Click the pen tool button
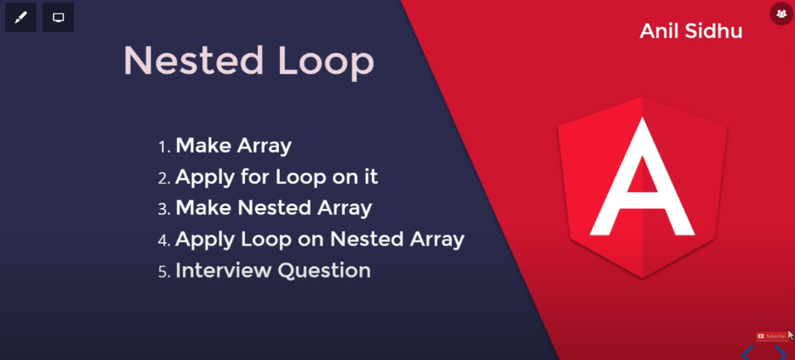pos(21,17)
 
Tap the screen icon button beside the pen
pos(58,17)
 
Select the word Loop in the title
pos(326,63)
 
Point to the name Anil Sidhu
pos(691,31)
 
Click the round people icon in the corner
pos(782,14)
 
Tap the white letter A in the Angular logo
pos(642,176)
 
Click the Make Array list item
pos(234,146)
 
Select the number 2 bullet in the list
pos(164,179)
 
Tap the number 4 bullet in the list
pos(164,241)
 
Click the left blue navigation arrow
pos(747,353)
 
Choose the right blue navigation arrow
pos(781,353)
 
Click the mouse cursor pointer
pos(791,336)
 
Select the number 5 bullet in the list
pos(164,272)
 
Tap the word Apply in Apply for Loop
pos(204,179)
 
